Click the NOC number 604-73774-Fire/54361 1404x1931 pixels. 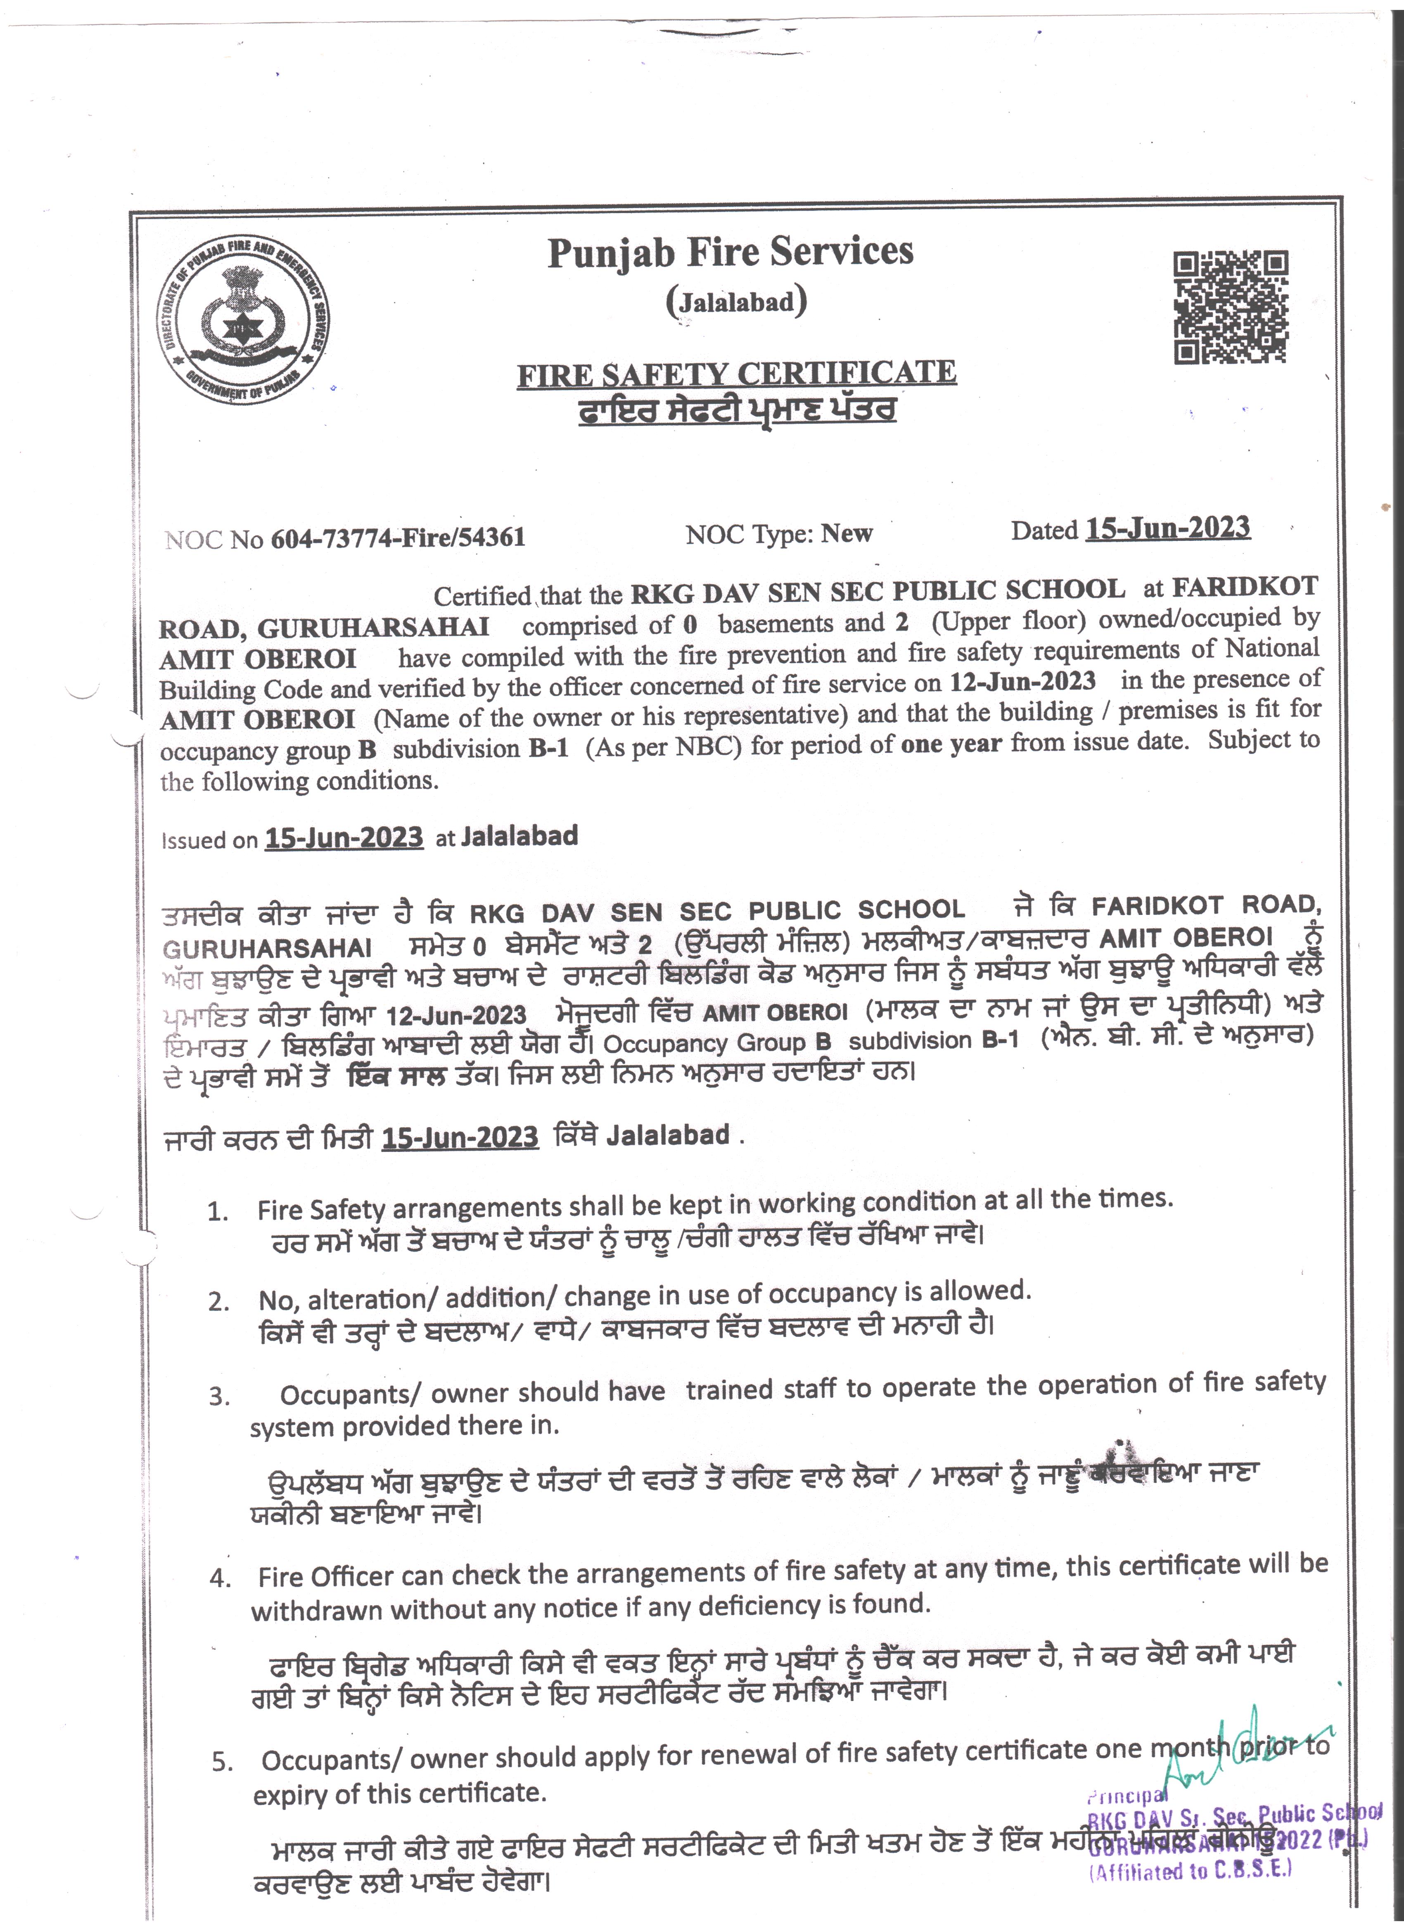click(x=398, y=537)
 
